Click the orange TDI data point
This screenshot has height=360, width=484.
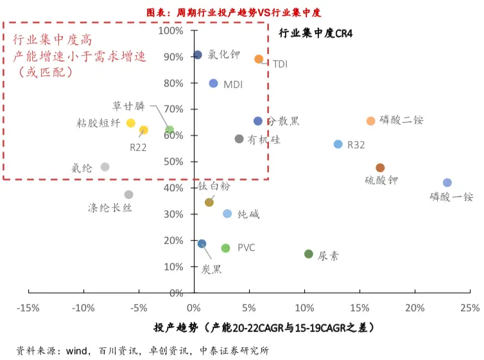pos(259,59)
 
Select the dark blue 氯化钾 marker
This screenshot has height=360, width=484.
pos(198,55)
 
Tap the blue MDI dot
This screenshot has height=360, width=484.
pos(213,83)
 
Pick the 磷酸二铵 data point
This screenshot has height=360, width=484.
pos(370,121)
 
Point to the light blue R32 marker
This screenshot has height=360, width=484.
pos(338,144)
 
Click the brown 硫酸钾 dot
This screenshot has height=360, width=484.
pos(380,168)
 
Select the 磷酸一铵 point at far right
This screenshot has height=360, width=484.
pos(447,183)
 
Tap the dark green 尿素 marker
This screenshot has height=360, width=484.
pos(309,254)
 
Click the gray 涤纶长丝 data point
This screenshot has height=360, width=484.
pos(128,194)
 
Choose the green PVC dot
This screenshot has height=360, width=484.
pos(225,248)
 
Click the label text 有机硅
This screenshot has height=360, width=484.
pos(264,139)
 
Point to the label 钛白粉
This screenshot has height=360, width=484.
pos(214,187)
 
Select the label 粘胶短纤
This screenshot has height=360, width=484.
pos(98,123)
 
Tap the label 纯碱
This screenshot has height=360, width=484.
pos(248,214)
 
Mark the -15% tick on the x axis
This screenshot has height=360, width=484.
pos(28,307)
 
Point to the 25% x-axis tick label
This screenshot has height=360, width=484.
pos(469,307)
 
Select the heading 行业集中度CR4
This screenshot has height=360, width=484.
pos(316,33)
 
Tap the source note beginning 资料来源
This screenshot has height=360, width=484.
pos(143,350)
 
